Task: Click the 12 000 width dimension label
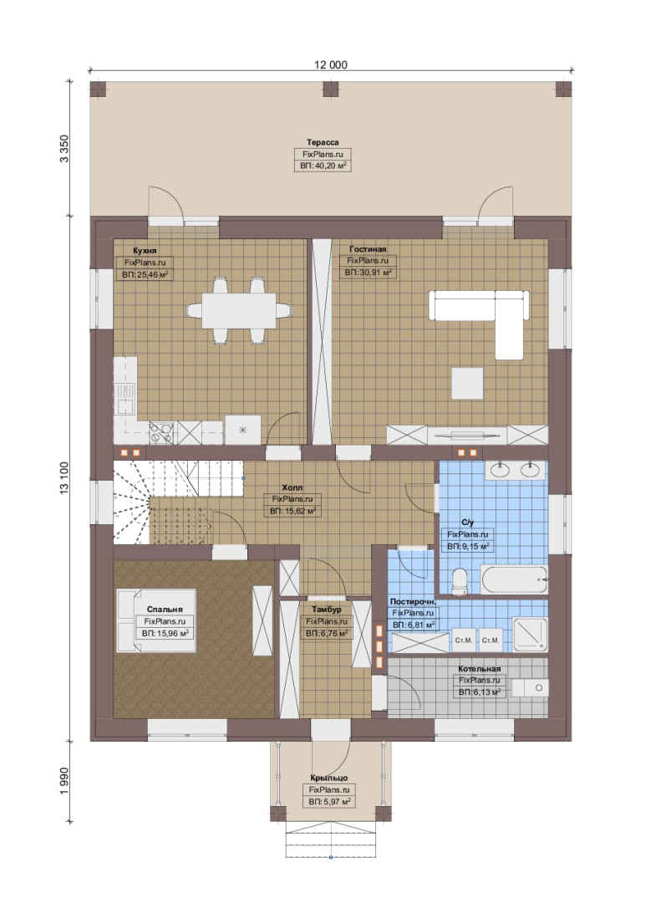[x=331, y=64]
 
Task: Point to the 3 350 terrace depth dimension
[x=64, y=148]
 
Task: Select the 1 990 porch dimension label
[x=64, y=780]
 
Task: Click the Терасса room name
[x=323, y=141]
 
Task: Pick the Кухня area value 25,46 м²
[x=145, y=274]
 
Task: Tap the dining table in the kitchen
[x=238, y=311]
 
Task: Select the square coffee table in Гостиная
[x=466, y=384]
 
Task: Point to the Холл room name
[x=292, y=487]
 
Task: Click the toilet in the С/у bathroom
[x=460, y=581]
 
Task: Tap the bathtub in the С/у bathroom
[x=514, y=579]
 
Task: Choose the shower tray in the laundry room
[x=529, y=635]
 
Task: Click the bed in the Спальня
[x=156, y=620]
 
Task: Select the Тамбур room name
[x=327, y=609]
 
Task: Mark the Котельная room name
[x=480, y=669]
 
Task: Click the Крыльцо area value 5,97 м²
[x=330, y=802]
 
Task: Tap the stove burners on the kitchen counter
[x=161, y=432]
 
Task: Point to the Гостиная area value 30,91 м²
[x=368, y=273]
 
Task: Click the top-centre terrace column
[x=331, y=89]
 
